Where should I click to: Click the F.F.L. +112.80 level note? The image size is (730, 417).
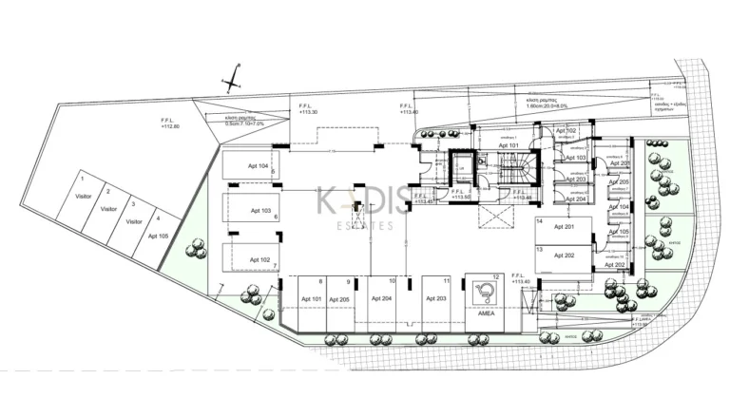tap(171, 123)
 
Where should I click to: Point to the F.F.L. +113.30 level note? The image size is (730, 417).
tap(307, 110)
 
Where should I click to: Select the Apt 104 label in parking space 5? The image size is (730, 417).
tap(257, 165)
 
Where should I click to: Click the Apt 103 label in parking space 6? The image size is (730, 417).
tap(261, 210)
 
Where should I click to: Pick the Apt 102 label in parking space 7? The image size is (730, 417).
tap(260, 259)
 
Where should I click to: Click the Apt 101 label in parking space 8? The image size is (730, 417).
tap(311, 299)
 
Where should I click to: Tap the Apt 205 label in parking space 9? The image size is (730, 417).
tap(339, 299)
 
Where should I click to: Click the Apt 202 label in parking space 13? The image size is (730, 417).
tap(563, 256)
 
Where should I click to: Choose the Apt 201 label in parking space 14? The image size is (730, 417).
tap(563, 228)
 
